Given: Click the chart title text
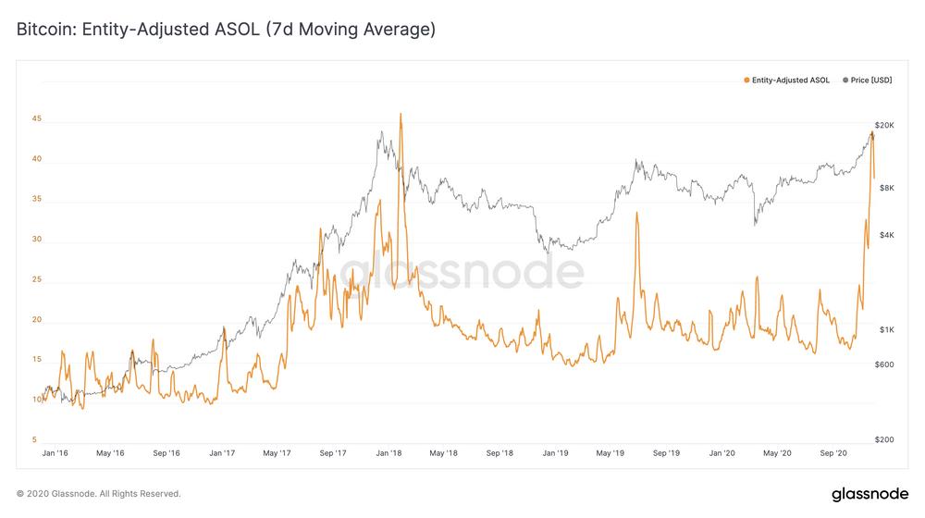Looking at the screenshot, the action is tap(226, 29).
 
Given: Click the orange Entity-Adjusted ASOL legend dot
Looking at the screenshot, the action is tap(746, 80).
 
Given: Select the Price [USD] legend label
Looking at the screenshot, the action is tap(870, 80).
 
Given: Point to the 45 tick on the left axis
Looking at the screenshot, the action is tap(37, 118).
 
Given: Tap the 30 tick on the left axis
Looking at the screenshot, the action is tap(37, 239).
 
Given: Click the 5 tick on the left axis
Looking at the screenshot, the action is tap(34, 439).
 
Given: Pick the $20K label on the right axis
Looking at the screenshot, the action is tap(884, 125).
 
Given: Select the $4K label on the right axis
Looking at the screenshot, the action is tap(887, 235).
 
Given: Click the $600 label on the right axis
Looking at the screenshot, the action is tap(884, 364).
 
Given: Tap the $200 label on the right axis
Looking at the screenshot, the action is tap(884, 439).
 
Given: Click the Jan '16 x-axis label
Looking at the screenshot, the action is tap(55, 453).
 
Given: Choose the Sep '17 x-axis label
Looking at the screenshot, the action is tap(333, 453).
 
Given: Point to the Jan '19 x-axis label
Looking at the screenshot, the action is tap(555, 453).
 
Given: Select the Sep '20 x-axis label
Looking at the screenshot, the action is tap(833, 453).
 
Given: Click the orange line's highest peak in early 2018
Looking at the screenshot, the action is tap(401, 114).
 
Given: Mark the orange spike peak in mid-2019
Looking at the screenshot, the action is tap(636, 213).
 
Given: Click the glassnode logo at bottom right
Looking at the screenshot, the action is tap(870, 494).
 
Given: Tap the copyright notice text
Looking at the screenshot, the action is tap(99, 494).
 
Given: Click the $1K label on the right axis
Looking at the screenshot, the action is tap(887, 330).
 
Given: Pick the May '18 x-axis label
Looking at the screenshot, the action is tap(444, 453).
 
